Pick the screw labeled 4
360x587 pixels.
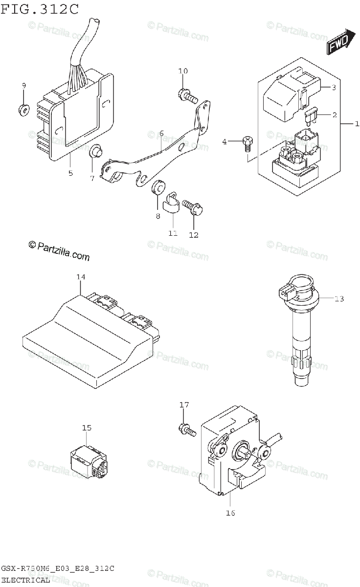248,143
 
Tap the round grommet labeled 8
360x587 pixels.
158,188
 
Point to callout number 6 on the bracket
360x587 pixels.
161,133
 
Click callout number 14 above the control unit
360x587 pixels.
81,277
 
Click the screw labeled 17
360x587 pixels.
187,430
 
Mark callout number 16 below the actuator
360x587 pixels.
231,513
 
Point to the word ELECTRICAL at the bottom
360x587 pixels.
25,580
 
